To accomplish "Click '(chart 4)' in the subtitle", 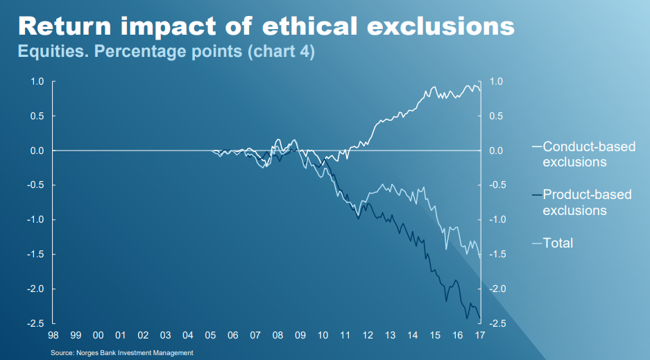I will click(x=281, y=52).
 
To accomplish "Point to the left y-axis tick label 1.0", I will click(x=37, y=82).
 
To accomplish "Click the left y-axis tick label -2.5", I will click(x=36, y=323).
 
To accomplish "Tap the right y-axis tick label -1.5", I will click(x=498, y=255).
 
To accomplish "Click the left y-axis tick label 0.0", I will click(x=37, y=151).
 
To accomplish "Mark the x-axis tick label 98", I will click(x=53, y=336).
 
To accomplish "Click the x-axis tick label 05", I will click(x=210, y=336).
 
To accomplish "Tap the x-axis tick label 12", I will click(x=368, y=336).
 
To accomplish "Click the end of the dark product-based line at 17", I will click(x=480, y=318).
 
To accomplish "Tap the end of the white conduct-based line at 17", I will click(x=480, y=91).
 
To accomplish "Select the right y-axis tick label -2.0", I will click(x=498, y=289).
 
